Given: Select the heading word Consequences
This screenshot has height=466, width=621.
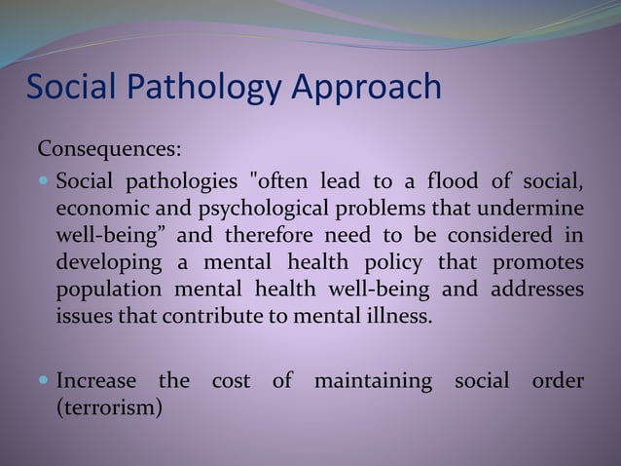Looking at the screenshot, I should (x=108, y=151).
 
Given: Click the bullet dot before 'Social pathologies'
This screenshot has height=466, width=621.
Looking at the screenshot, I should (x=45, y=181).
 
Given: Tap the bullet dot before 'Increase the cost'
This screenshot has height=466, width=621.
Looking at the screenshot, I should (x=45, y=379).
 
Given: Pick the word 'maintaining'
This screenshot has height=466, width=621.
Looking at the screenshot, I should (x=373, y=379).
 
